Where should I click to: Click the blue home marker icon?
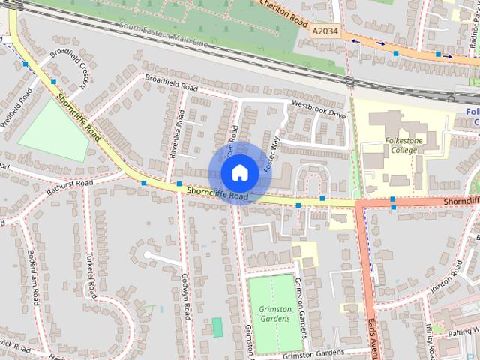point(238,172)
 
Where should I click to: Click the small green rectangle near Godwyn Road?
point(217,327)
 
